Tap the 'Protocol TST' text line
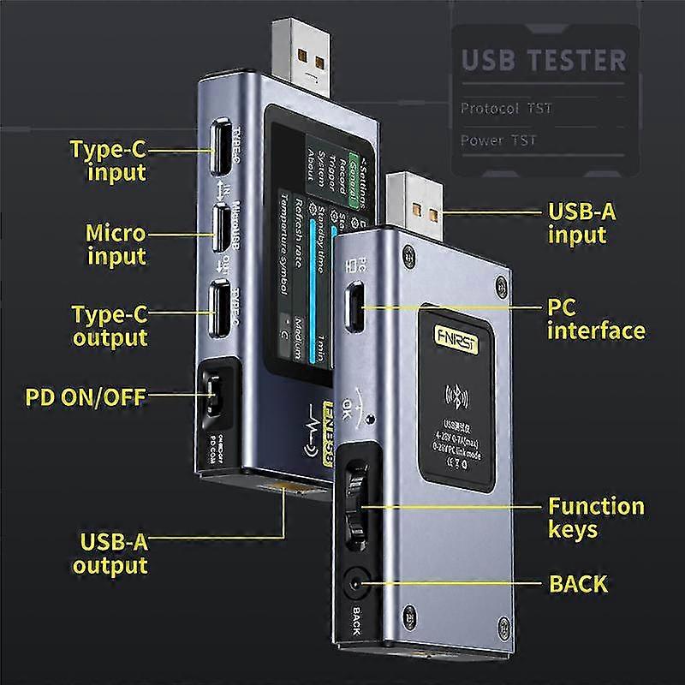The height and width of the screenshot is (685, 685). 506,109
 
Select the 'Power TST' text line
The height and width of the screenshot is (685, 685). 499,140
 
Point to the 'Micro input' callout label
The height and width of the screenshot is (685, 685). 116,244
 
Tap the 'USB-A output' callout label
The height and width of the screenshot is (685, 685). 110,552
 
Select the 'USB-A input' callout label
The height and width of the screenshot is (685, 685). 581,223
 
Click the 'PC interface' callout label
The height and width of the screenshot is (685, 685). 595,319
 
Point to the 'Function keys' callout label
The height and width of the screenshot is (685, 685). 596,517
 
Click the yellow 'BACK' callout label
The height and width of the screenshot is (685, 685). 577,585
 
